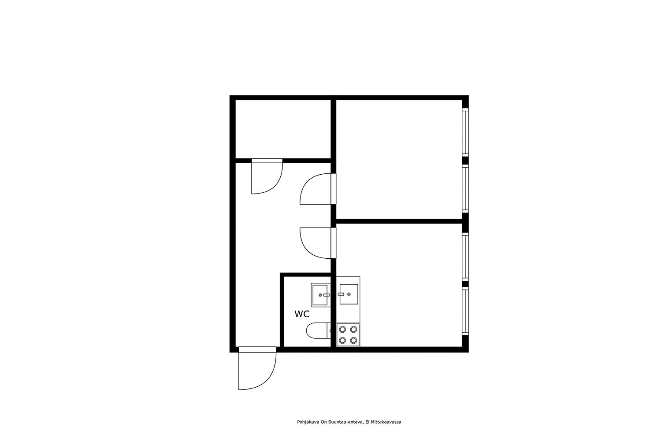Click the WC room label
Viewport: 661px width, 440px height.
pyautogui.click(x=302, y=314)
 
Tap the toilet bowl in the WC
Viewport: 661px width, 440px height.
pyautogui.click(x=317, y=331)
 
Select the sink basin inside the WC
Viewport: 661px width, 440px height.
pyautogui.click(x=319, y=295)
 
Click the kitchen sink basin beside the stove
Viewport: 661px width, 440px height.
pyautogui.click(x=349, y=294)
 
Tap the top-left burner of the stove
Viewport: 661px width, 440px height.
pyautogui.click(x=342, y=329)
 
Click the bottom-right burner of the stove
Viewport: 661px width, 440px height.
pyautogui.click(x=353, y=341)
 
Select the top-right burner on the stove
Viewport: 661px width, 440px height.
pyautogui.click(x=353, y=329)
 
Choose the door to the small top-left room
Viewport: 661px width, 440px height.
pyautogui.click(x=267, y=176)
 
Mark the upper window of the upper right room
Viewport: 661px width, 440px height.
pyautogui.click(x=465, y=132)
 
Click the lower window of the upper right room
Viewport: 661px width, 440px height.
pyautogui.click(x=465, y=188)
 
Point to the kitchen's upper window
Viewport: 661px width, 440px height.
pyautogui.click(x=465, y=257)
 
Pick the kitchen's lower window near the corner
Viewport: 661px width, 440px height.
pyautogui.click(x=465, y=311)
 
